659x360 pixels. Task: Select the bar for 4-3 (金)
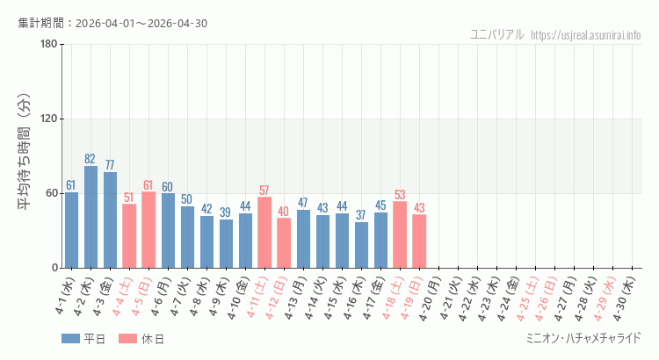coord(110,220)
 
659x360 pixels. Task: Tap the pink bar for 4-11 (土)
coord(264,232)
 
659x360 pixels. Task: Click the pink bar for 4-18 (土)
coord(400,234)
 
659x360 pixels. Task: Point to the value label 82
coord(91,159)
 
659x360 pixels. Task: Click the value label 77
coord(110,165)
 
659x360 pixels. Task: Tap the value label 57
coord(264,191)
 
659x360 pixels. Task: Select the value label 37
coord(361,215)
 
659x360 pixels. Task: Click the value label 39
coord(226,212)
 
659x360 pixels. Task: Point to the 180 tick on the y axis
coord(49,45)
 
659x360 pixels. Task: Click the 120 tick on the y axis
coord(49,119)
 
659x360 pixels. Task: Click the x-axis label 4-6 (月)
coord(162,297)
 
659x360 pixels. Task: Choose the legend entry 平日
coord(83,339)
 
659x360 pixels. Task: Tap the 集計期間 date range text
coord(112,23)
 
